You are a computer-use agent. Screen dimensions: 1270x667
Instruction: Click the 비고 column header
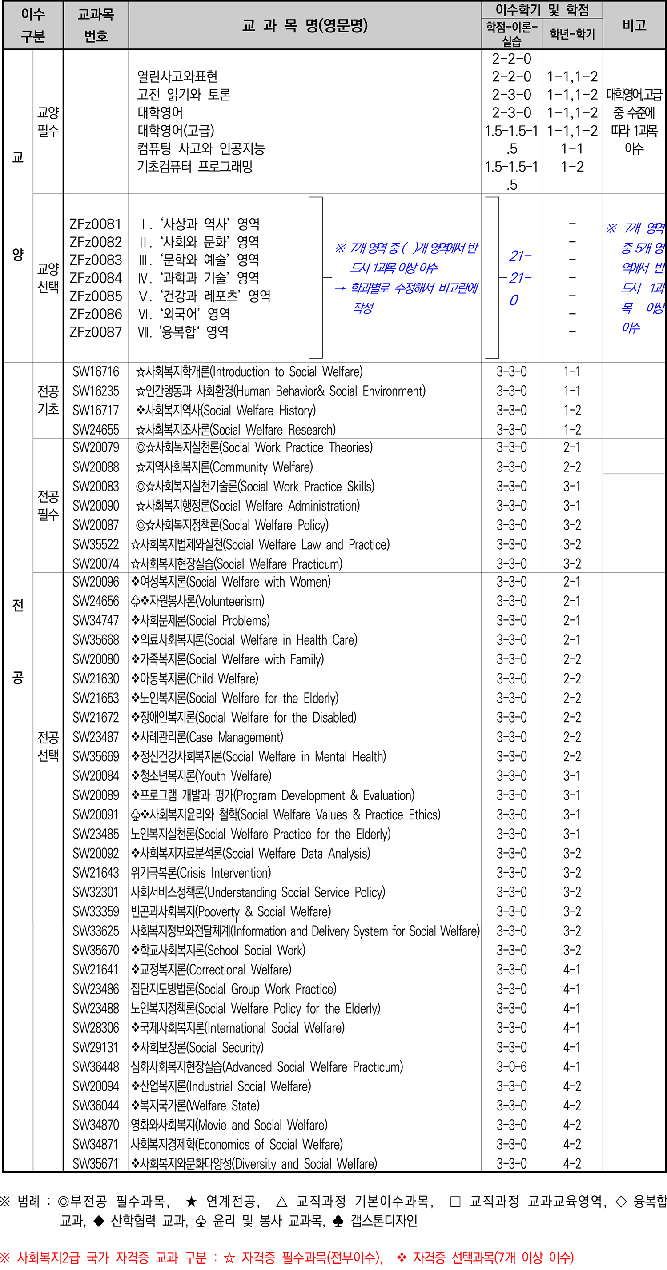click(634, 25)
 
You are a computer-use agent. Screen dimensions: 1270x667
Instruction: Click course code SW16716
click(96, 372)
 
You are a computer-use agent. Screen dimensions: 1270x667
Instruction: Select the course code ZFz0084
click(96, 278)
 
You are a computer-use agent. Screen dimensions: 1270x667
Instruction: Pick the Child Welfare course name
click(194, 679)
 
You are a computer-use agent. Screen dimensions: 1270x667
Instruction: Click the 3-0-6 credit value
click(512, 1067)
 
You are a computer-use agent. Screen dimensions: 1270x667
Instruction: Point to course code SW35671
click(96, 1164)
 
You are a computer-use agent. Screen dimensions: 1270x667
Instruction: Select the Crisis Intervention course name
click(201, 873)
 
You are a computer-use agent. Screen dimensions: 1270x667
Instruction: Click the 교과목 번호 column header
click(96, 25)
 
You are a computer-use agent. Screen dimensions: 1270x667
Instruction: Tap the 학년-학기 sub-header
click(572, 34)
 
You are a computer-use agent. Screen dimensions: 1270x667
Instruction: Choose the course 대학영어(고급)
click(176, 131)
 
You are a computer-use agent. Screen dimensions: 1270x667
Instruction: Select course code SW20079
click(96, 447)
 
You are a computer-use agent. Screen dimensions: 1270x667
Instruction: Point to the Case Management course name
click(207, 738)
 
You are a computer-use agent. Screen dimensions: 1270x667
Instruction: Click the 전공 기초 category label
click(48, 400)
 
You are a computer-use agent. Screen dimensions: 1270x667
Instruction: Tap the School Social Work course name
click(218, 951)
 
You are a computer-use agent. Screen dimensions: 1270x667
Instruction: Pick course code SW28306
click(96, 1028)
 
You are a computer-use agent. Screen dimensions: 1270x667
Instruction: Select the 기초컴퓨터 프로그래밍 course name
click(195, 167)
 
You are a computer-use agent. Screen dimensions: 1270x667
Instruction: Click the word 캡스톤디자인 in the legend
click(384, 1221)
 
